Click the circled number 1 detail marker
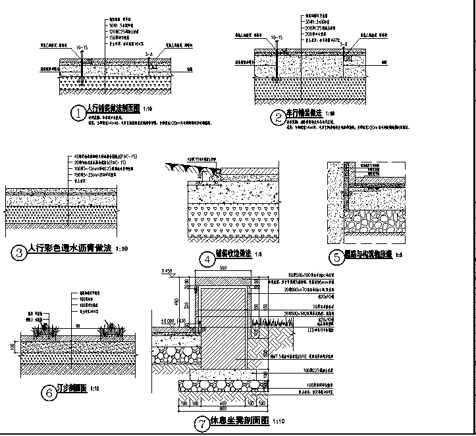tap(79, 113)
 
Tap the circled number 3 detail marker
tap(20, 251)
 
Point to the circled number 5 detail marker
tap(336, 257)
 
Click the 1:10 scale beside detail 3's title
tap(121, 250)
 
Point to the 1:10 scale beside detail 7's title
tap(278, 422)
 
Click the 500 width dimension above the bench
tap(223, 269)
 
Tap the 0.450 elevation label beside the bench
tap(166, 271)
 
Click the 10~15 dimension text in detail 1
tap(82, 48)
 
